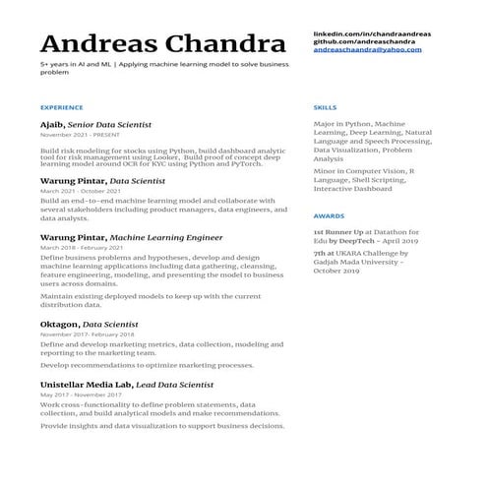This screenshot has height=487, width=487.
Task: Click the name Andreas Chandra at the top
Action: [156, 44]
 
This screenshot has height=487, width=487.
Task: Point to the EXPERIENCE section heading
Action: [61, 106]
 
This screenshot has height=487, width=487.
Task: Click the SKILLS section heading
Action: [325, 106]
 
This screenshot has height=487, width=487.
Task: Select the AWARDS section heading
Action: [328, 214]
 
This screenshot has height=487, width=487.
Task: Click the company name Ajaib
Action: [52, 125]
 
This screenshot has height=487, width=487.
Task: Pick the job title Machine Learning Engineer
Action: [166, 237]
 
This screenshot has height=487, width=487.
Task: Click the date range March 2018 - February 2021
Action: [88, 247]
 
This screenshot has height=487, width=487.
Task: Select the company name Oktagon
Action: [59, 324]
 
